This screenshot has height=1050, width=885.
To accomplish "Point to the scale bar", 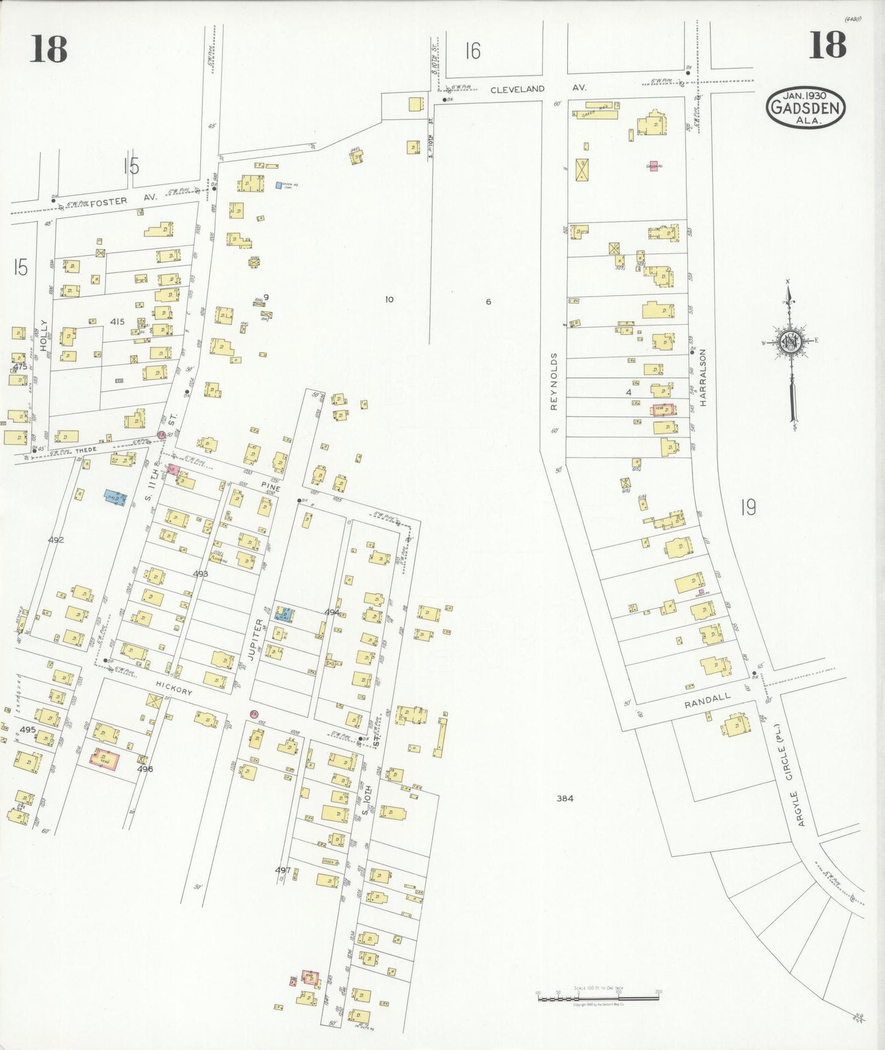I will tap(598, 997).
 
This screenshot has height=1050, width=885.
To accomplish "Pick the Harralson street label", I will tap(702, 378).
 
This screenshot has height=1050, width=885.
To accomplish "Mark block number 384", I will tap(565, 798).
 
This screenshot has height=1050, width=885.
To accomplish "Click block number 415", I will tap(118, 321).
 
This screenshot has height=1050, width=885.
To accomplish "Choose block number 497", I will tap(282, 870).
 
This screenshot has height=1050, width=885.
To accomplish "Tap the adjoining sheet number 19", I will tap(747, 507).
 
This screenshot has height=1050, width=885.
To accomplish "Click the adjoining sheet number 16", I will tap(472, 51).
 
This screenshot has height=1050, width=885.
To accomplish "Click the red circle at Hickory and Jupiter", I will tap(254, 714).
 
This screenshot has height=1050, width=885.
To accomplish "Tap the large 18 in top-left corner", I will tap(48, 48).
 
